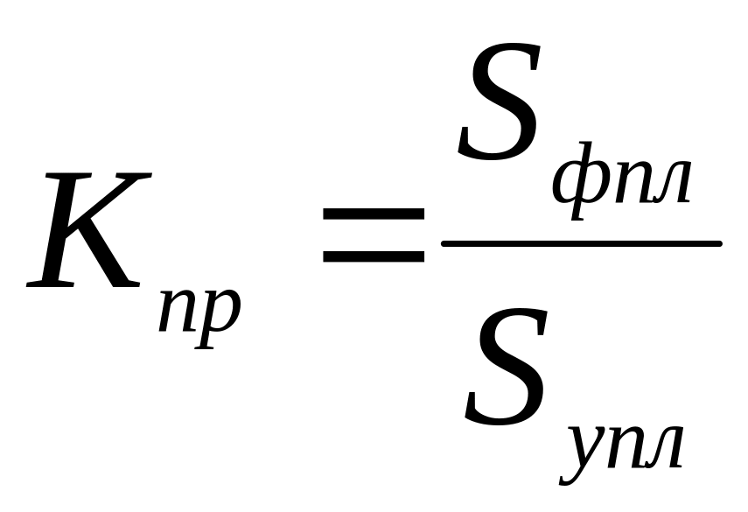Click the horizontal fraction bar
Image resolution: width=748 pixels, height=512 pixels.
coord(581,243)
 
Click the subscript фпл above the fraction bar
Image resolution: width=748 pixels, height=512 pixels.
coord(622,182)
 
